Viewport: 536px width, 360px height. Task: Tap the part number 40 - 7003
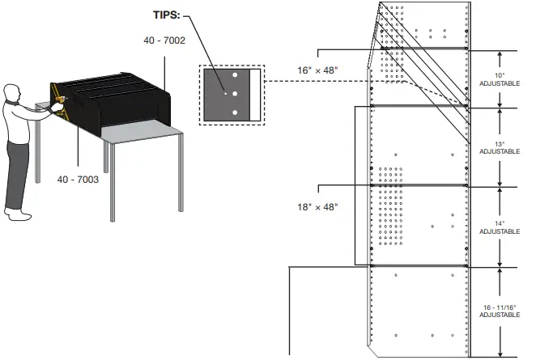point(77,180)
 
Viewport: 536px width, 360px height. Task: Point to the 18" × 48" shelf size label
point(317,207)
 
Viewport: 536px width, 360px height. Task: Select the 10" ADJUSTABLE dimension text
point(500,79)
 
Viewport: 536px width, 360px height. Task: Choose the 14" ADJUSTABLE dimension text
point(500,227)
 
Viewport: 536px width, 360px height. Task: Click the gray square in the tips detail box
point(227,95)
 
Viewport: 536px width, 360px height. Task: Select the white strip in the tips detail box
point(255,95)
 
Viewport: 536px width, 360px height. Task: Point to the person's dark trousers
point(16,174)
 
